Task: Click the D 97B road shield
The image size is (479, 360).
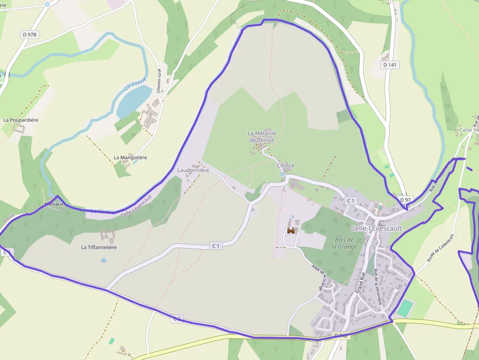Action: tap(30, 34)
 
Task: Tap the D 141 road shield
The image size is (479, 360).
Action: tap(390, 64)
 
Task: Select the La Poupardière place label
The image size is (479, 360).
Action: tap(21, 120)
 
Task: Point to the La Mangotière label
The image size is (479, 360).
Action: tap(130, 158)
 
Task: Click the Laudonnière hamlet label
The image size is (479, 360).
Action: tap(193, 170)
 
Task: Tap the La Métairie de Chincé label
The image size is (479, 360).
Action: tap(261, 136)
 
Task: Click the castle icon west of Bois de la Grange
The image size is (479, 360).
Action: tap(291, 231)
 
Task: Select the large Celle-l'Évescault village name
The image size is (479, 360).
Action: tap(376, 228)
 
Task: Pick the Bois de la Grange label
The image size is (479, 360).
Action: tap(345, 243)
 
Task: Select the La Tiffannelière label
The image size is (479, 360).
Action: tap(99, 248)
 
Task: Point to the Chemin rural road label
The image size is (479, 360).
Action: tap(159, 81)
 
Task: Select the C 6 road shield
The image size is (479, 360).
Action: tap(177, 319)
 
